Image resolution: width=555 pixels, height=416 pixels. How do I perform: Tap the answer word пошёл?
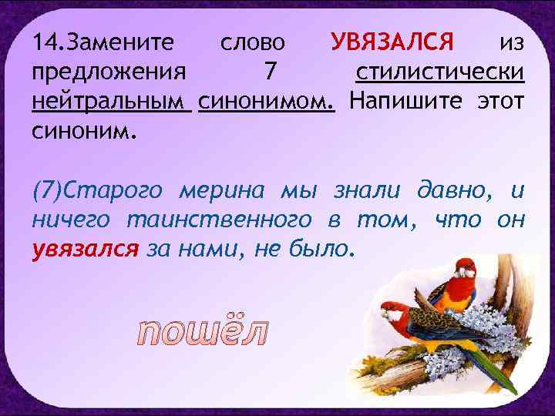click(203, 330)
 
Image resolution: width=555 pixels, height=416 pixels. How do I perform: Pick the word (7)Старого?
click(98, 190)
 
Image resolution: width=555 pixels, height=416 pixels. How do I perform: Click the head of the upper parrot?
click(463, 267)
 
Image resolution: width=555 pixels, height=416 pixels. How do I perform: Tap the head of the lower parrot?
click(392, 311)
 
